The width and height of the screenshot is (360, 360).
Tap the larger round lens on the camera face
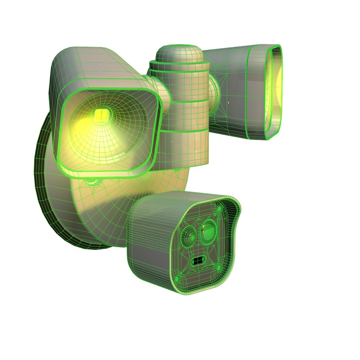click(209, 230)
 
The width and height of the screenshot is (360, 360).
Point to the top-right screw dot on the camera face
click(220, 209)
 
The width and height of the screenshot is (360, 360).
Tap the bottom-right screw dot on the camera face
click(219, 267)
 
